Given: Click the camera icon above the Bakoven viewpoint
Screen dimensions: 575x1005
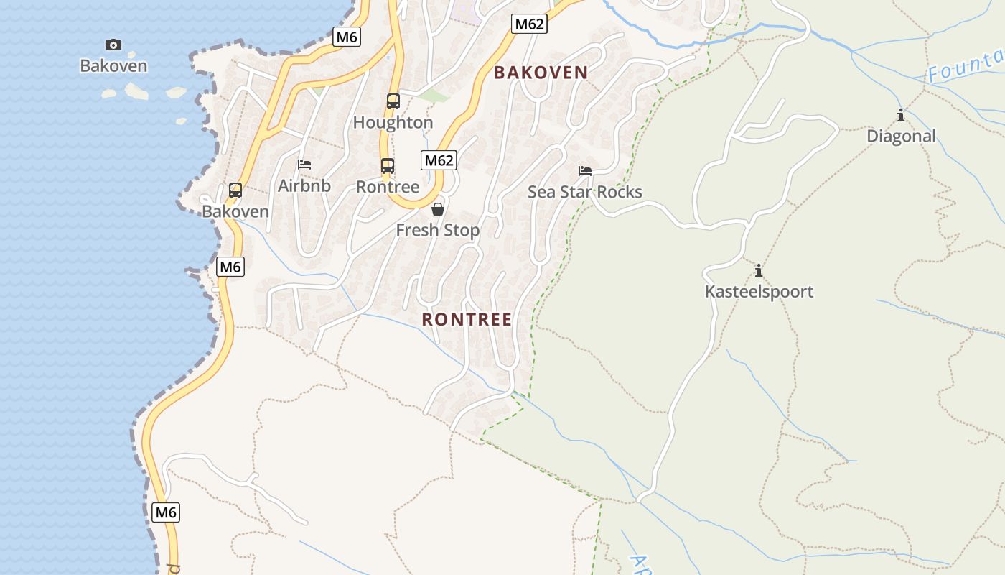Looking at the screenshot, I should (x=113, y=45).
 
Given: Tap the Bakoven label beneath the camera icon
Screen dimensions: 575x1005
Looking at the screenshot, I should (x=113, y=66).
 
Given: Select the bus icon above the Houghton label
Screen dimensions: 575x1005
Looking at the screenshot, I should (x=393, y=101).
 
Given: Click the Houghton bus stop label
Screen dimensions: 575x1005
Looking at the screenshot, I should (x=393, y=123).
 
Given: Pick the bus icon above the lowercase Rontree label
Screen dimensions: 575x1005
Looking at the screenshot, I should (x=388, y=166).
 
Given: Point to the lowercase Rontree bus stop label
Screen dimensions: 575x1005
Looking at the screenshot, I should (x=388, y=187).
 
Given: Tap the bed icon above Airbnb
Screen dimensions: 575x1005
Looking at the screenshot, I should (x=304, y=165).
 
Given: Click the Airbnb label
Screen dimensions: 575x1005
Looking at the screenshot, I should (x=304, y=186).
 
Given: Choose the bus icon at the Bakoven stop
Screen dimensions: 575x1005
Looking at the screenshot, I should (x=235, y=190).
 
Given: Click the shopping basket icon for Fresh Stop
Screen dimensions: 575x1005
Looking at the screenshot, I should (x=438, y=209).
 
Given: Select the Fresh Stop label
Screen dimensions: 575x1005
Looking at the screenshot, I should (x=438, y=230).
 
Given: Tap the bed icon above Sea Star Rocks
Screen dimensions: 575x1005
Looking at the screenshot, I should (x=585, y=171).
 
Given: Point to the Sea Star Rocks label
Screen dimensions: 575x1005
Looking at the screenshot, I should (x=585, y=192).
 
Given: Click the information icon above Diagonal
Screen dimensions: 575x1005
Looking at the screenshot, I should (x=901, y=115).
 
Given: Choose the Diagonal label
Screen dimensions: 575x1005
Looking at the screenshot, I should (x=901, y=137).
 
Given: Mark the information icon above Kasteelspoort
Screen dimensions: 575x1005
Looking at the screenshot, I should (x=759, y=270).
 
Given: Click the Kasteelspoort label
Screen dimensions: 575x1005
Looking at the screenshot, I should (x=759, y=292).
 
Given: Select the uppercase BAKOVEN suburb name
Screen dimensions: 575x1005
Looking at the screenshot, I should (x=541, y=73).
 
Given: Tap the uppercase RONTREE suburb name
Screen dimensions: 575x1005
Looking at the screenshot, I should (x=467, y=319).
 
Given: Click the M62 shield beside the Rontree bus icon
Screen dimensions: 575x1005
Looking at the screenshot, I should (x=439, y=160).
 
